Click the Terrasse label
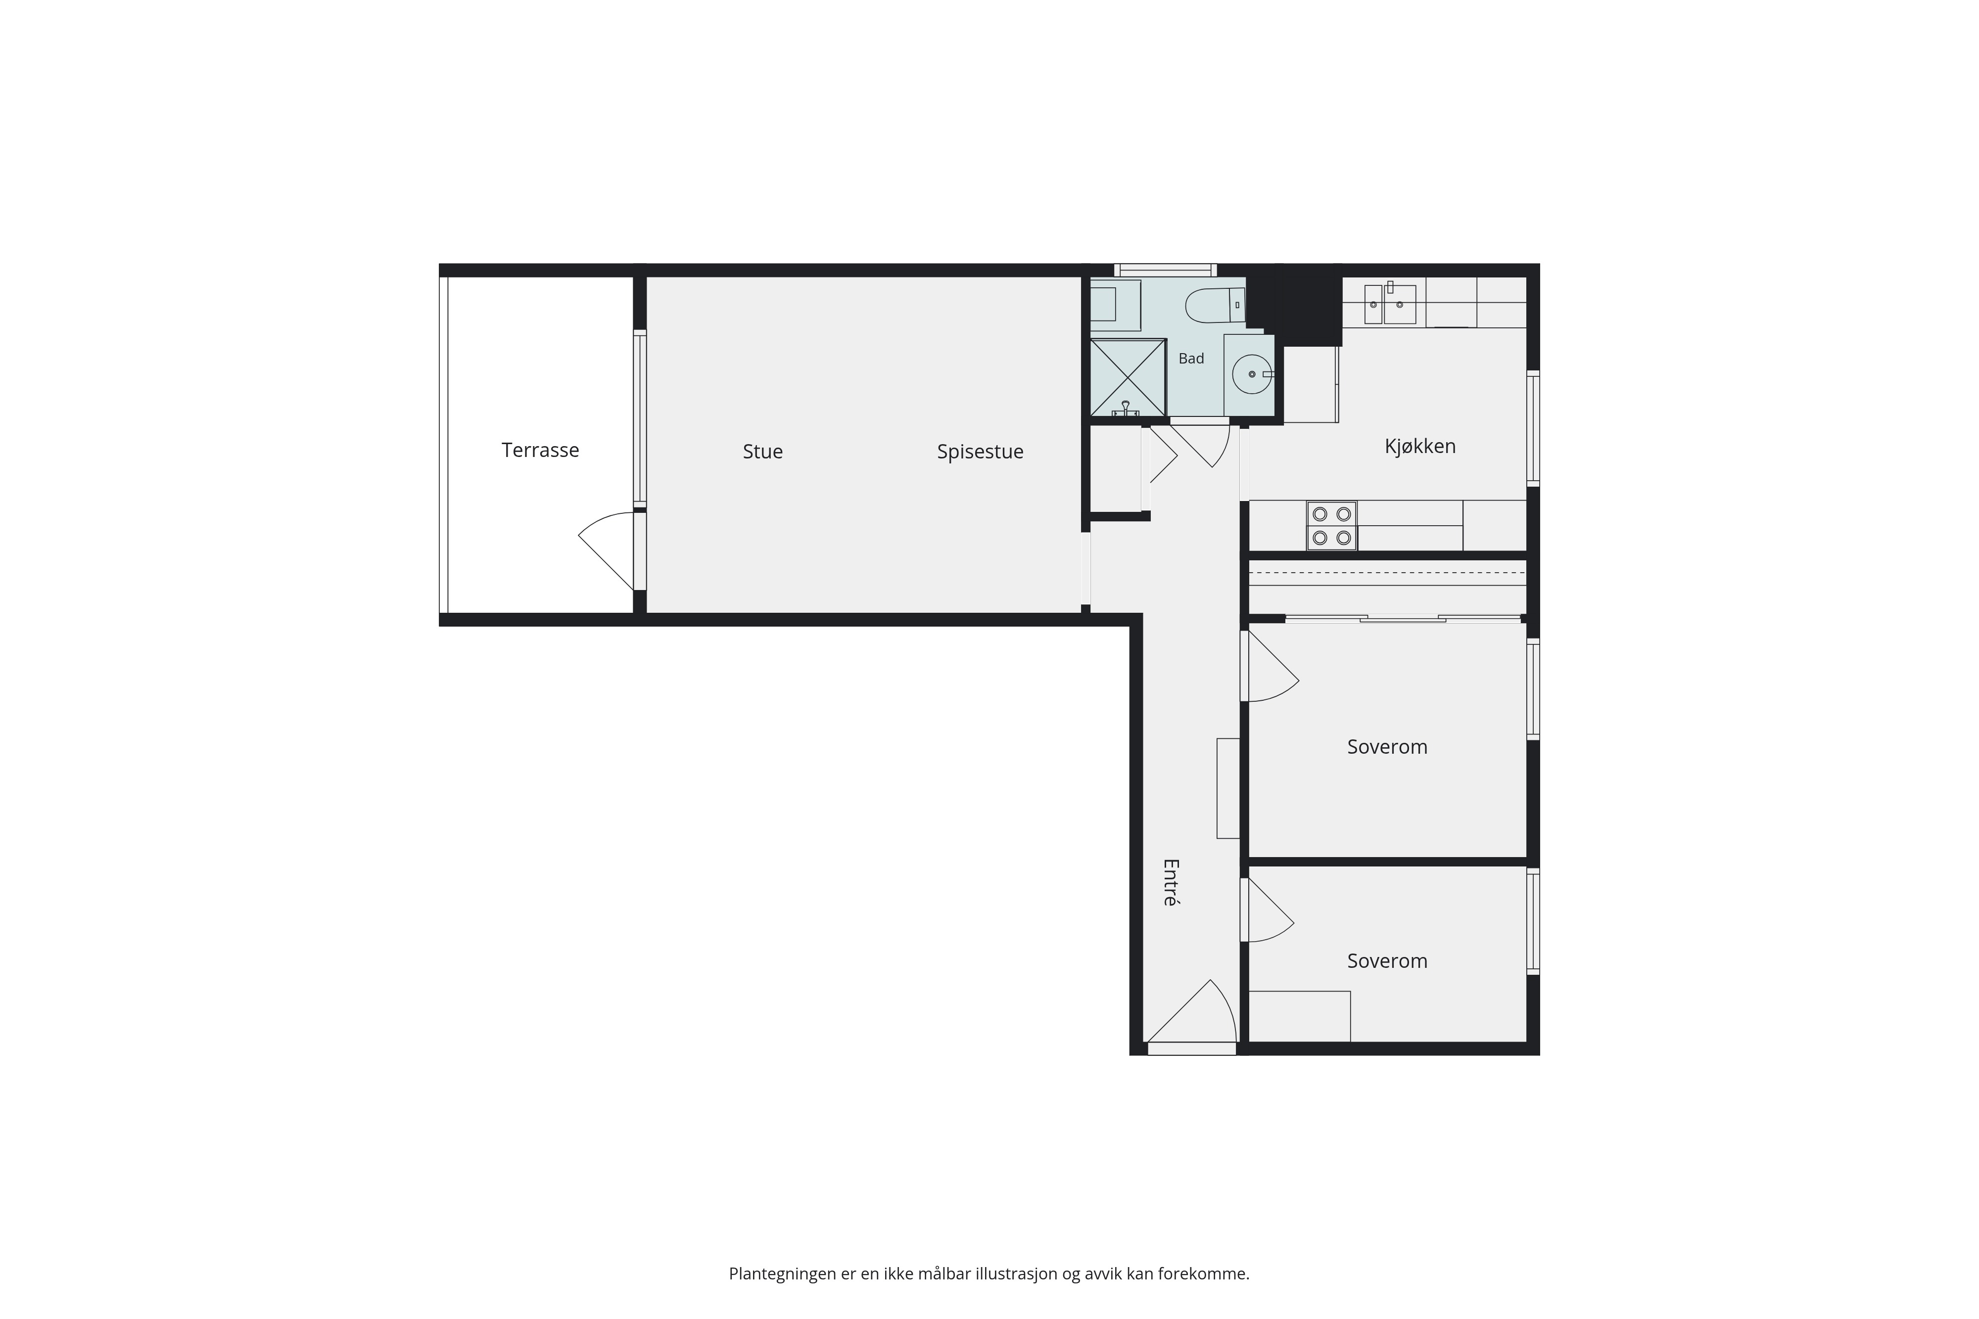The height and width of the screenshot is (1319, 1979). click(x=540, y=450)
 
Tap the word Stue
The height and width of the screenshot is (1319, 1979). click(x=762, y=452)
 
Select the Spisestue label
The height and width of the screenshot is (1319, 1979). click(x=980, y=452)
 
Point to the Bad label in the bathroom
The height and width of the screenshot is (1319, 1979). click(x=1190, y=359)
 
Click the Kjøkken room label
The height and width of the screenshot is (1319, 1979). click(x=1420, y=446)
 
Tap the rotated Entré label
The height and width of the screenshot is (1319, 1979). click(x=1171, y=882)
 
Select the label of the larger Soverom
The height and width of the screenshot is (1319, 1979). click(x=1387, y=747)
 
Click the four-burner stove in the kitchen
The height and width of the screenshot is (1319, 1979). click(x=1331, y=526)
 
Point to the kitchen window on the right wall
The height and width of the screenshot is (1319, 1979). click(x=1533, y=428)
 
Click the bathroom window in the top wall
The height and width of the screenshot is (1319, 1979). click(x=1165, y=270)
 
